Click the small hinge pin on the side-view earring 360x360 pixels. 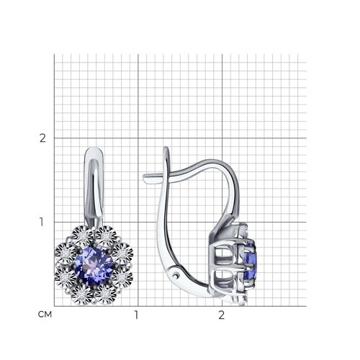point(177,275)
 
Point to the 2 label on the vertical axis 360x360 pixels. point(42,138)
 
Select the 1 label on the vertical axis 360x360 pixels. point(42,222)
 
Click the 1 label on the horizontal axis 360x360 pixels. point(136,315)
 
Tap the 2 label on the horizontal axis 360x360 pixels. point(221,315)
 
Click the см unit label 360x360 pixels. point(45,315)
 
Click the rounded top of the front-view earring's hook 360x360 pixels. point(94,150)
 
